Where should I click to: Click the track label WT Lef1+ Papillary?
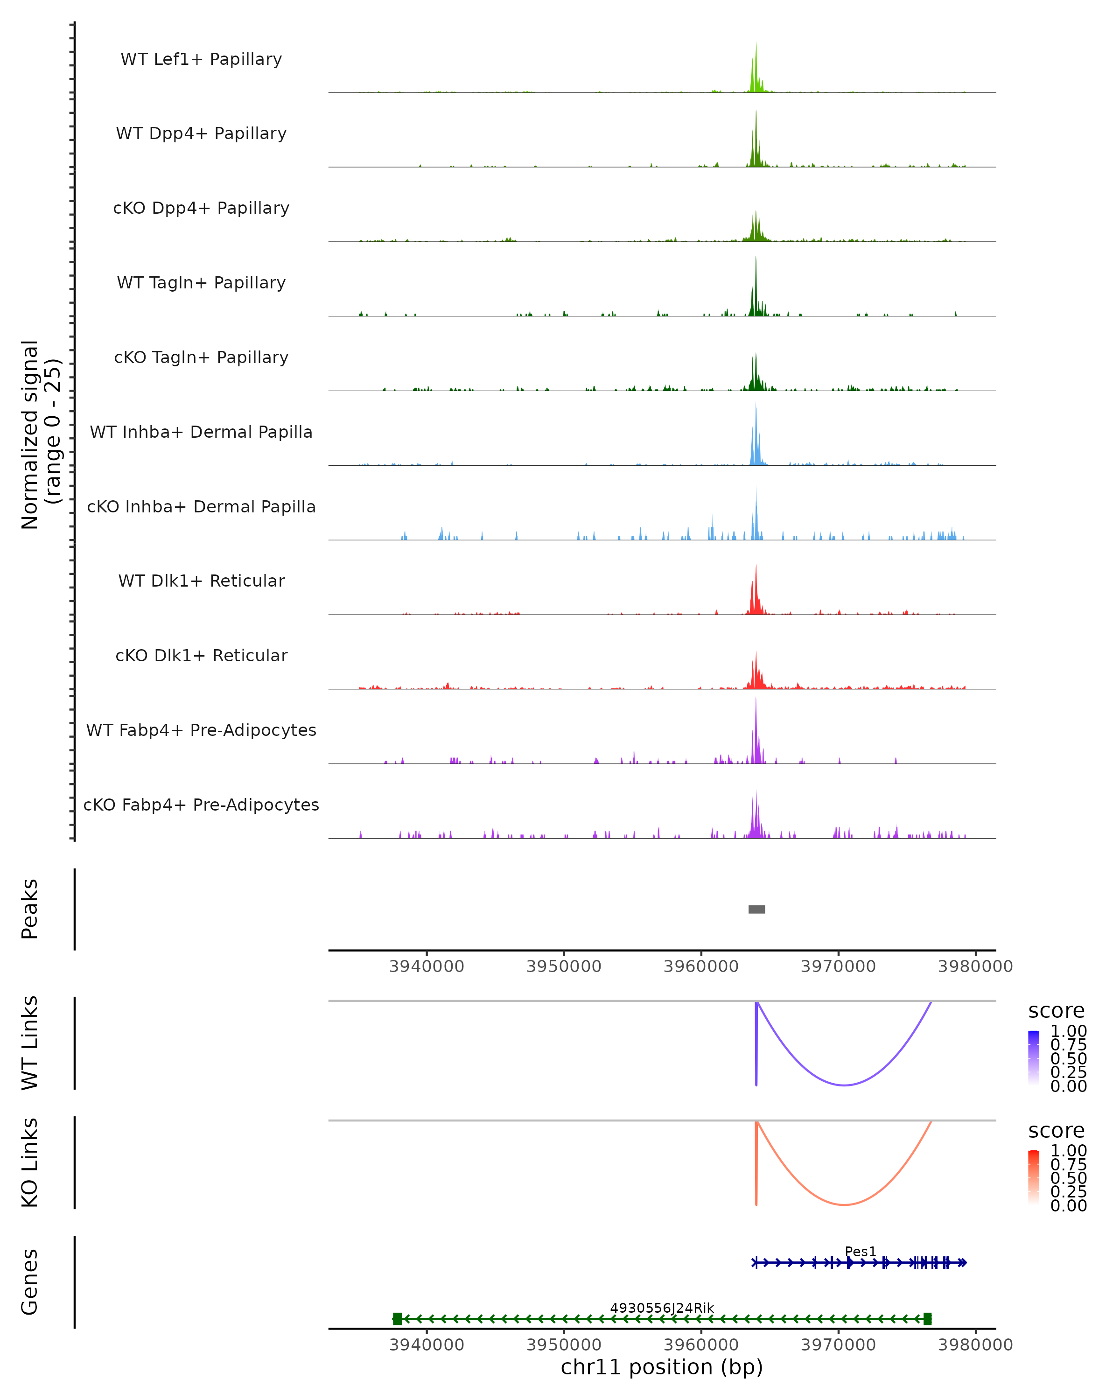tap(201, 59)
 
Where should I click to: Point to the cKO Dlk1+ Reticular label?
tap(201, 655)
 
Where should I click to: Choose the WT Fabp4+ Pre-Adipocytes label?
tap(201, 730)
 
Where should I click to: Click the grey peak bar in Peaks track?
tap(756, 909)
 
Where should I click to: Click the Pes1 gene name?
tap(860, 1251)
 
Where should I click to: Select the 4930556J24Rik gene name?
tap(662, 1308)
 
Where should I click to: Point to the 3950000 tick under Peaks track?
tap(564, 966)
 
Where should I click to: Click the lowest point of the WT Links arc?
tap(844, 1085)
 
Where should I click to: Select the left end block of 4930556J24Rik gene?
tap(397, 1319)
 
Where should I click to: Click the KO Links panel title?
tap(30, 1162)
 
